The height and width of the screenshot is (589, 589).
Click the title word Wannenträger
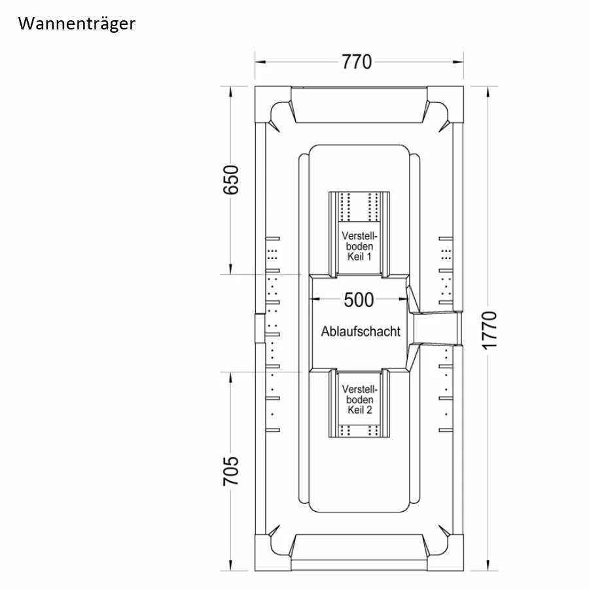click(x=77, y=24)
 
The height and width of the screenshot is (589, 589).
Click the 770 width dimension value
click(x=357, y=62)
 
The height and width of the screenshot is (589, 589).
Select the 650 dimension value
click(x=231, y=180)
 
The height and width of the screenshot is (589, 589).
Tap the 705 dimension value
click(x=231, y=471)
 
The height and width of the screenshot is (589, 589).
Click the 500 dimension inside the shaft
click(x=359, y=300)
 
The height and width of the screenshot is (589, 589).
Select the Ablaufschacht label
click(x=360, y=331)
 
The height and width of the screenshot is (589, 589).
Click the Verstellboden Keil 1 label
click(x=359, y=246)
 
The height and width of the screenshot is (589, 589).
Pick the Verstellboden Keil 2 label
click(x=359, y=399)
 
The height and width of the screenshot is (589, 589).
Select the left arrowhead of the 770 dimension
click(x=260, y=62)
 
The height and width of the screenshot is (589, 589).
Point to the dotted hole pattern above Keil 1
click(x=359, y=207)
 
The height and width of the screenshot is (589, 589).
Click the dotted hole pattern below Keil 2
click(x=359, y=431)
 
